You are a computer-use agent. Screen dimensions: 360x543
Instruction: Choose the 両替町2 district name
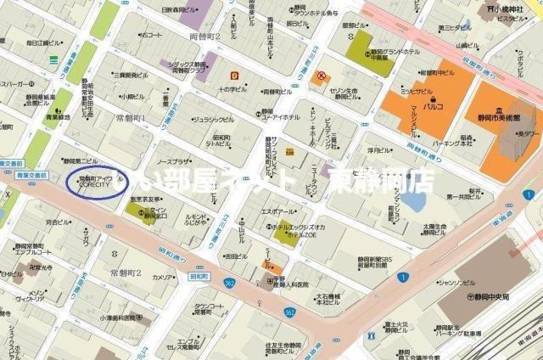point(204,37)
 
